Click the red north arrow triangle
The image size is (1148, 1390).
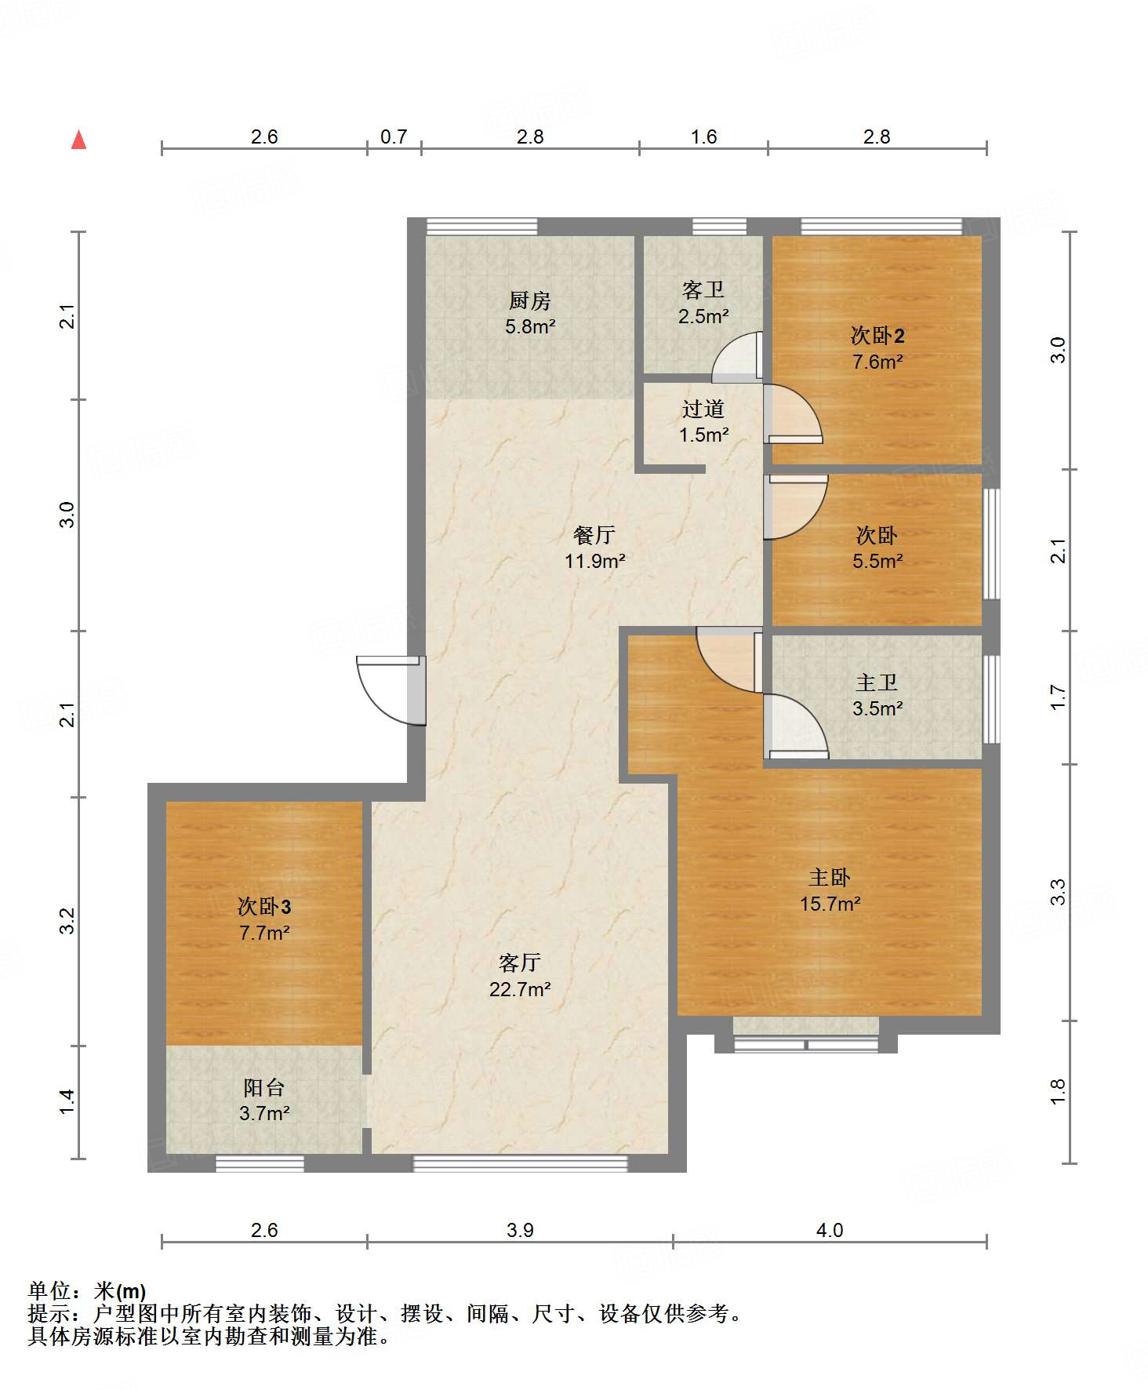point(78,140)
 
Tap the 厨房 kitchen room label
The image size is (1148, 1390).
point(530,300)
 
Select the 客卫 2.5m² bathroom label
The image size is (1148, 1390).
point(703,303)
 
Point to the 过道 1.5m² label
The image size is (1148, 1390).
point(703,421)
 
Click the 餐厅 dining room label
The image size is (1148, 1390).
point(594,535)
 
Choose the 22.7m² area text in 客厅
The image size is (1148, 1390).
point(520,989)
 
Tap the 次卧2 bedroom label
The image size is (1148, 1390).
point(877,336)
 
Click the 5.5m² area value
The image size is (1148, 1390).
point(877,561)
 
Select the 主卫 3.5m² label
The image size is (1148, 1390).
point(877,695)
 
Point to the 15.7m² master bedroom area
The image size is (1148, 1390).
point(830,904)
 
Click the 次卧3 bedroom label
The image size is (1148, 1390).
point(264,907)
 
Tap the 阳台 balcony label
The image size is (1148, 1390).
point(264,1087)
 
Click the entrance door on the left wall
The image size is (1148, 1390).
point(391,690)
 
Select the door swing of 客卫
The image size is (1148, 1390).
point(737,357)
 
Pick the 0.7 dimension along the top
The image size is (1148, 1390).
point(394,136)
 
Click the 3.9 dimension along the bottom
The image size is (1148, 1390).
point(520,1230)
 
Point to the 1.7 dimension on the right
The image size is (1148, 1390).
point(1058,697)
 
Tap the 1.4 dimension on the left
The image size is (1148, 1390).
point(67,1101)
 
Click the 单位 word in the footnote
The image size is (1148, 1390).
point(49,1291)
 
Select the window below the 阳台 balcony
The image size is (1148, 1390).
point(260,1163)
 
